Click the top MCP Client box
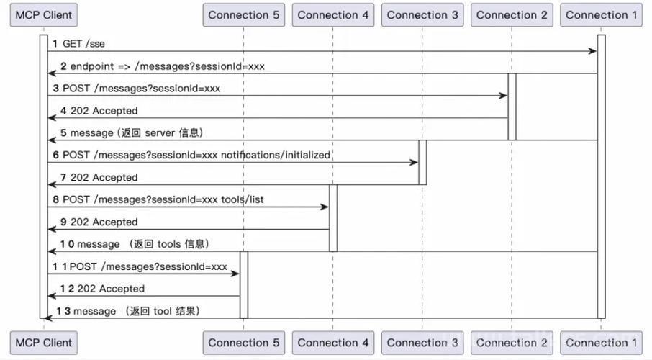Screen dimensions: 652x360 point(44,15)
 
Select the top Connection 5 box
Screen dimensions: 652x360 point(244,15)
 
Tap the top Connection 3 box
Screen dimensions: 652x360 point(422,15)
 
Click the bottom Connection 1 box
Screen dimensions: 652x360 point(602,343)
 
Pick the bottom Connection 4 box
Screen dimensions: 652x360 point(333,343)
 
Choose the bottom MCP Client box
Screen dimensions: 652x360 point(44,343)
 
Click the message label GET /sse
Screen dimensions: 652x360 point(83,44)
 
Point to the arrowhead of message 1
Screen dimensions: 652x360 point(594,51)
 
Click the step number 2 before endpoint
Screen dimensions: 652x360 point(63,66)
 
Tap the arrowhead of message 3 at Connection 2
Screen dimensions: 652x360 point(504,96)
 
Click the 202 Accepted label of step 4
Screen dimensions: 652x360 point(104,111)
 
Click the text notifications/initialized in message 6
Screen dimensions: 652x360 point(276,155)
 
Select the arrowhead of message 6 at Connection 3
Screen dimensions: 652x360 point(414,162)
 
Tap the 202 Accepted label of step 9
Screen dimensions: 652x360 point(104,222)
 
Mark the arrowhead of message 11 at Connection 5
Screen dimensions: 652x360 point(235,274)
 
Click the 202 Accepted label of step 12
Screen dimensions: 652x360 point(111,289)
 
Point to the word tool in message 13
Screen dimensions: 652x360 point(163,311)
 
